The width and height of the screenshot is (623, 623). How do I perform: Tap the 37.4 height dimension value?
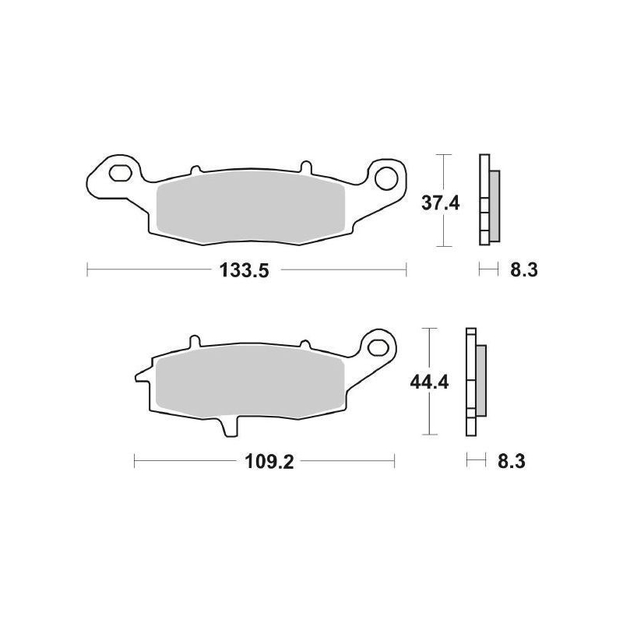coord(441,203)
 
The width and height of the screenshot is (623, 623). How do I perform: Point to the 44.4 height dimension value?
coord(428,382)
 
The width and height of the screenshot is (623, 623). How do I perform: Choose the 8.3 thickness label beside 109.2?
coord(511,462)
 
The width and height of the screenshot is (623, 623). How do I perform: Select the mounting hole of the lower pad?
coord(378,345)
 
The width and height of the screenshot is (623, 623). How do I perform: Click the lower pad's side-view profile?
coord(474,382)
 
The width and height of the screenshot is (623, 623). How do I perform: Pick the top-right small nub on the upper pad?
coord(304,166)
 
